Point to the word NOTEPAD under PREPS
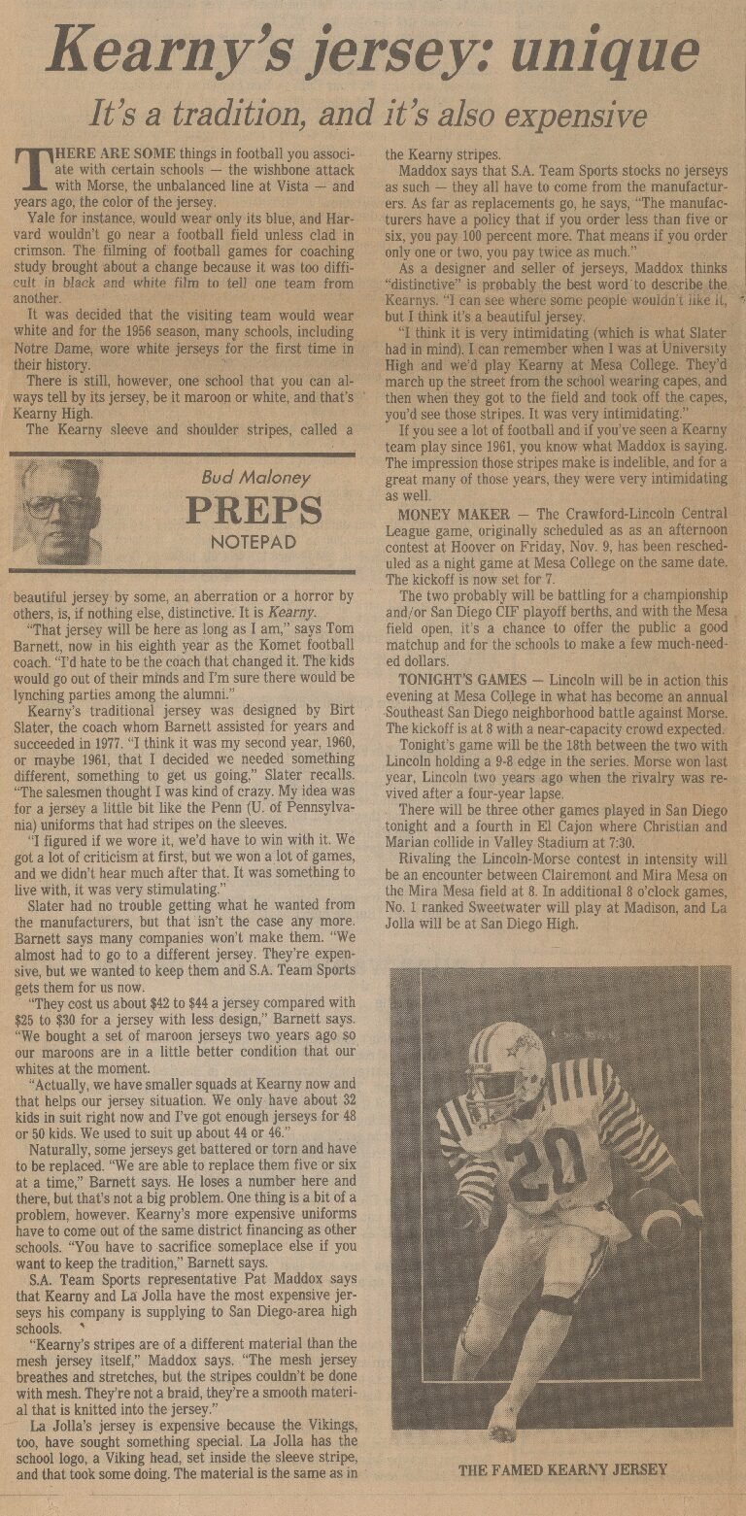pos(254,542)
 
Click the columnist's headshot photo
pos(57,512)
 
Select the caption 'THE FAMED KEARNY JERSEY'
pos(562,1469)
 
